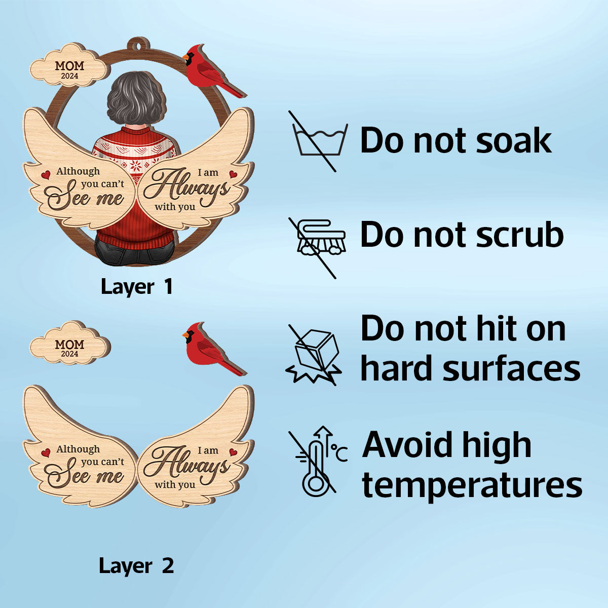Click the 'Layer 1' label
click(x=137, y=286)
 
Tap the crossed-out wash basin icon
click(x=319, y=141)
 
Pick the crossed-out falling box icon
click(x=313, y=355)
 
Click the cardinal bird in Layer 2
click(x=214, y=349)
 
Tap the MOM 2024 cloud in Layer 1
click(x=68, y=65)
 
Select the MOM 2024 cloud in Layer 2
click(x=70, y=344)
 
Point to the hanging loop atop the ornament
click(x=138, y=46)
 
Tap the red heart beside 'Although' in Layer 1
click(x=46, y=174)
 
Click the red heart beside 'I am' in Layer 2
click(x=233, y=452)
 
